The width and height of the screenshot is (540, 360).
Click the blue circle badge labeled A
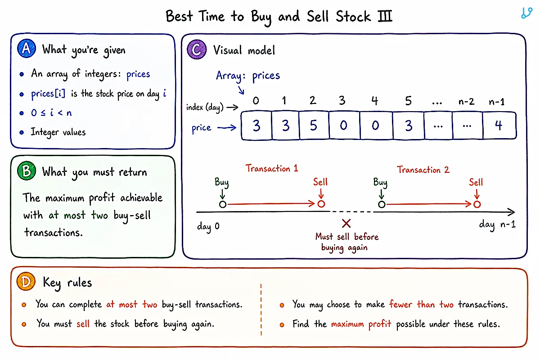click(x=27, y=48)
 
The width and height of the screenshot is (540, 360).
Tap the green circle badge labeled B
click(x=27, y=171)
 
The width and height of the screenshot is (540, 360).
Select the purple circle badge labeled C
click(x=197, y=49)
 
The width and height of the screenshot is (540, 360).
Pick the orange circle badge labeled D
click(x=26, y=281)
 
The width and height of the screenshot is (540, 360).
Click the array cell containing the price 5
click(x=314, y=126)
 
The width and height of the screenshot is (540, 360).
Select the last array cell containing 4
click(x=499, y=126)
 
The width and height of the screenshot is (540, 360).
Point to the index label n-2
click(x=467, y=102)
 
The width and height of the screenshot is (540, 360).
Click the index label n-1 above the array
click(x=497, y=102)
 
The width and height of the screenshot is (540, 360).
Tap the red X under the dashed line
click(x=346, y=224)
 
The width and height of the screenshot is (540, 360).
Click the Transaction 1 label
click(x=272, y=168)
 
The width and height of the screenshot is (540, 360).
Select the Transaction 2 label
click(x=423, y=170)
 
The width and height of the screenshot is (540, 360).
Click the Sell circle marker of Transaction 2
click(x=477, y=204)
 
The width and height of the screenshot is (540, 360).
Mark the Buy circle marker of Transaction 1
click(x=223, y=204)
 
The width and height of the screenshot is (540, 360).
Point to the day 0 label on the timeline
click(x=208, y=226)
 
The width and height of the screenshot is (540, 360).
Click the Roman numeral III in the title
click(x=385, y=16)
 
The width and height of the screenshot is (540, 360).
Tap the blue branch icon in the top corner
click(x=526, y=13)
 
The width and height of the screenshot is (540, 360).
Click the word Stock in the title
click(x=353, y=16)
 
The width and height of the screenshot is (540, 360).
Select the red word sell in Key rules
click(x=83, y=324)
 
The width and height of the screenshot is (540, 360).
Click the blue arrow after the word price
click(x=227, y=127)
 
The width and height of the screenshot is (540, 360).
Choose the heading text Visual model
click(x=244, y=50)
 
